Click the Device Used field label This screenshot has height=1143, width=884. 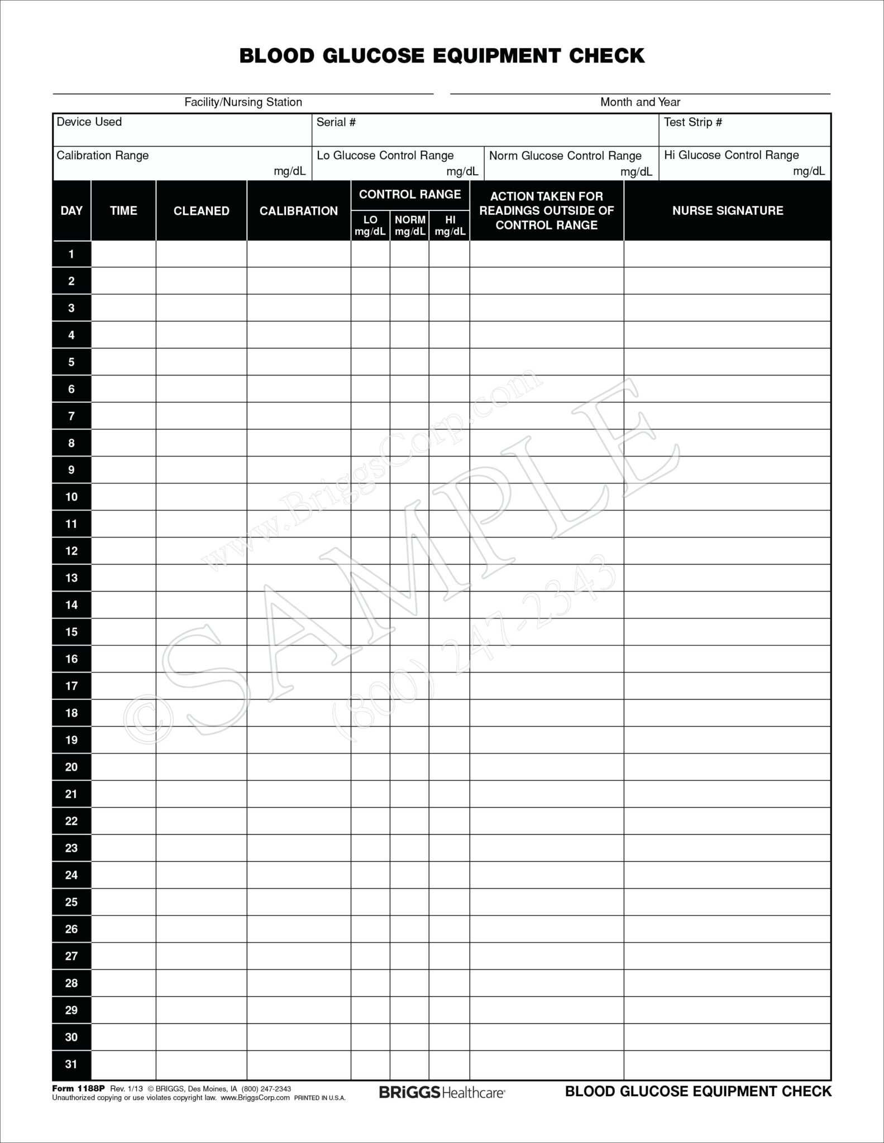pyautogui.click(x=89, y=122)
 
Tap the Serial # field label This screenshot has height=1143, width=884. pyautogui.click(x=336, y=122)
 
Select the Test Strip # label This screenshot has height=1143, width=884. pyautogui.click(x=692, y=122)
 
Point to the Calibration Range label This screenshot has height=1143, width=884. pyautogui.click(x=103, y=155)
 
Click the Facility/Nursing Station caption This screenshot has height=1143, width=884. pyautogui.click(x=243, y=102)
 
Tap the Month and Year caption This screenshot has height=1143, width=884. pyautogui.click(x=640, y=102)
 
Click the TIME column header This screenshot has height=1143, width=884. pyautogui.click(x=123, y=210)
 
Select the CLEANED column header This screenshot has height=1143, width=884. pyautogui.click(x=201, y=211)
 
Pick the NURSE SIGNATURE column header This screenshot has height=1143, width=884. pyautogui.click(x=727, y=210)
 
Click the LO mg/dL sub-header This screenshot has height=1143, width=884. pyautogui.click(x=370, y=225)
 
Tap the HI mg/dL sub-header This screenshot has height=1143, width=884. pyautogui.click(x=450, y=225)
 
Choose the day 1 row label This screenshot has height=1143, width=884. pyautogui.click(x=71, y=254)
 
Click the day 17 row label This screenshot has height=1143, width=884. pyautogui.click(x=71, y=686)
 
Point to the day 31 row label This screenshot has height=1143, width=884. pyautogui.click(x=71, y=1064)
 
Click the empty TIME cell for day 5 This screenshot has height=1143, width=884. pyautogui.click(x=123, y=362)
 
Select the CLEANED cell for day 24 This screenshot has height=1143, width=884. pyautogui.click(x=201, y=875)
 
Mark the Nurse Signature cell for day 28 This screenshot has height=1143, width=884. pyautogui.click(x=727, y=983)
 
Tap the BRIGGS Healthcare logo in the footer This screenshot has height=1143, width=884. pyautogui.click(x=442, y=1092)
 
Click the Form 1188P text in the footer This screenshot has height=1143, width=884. pyautogui.click(x=78, y=1088)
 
